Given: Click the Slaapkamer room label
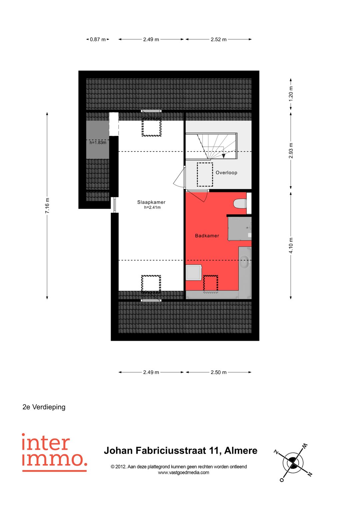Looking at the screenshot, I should coord(151,202).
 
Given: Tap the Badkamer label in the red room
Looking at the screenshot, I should coord(207,236).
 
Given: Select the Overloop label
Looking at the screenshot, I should coord(226,173).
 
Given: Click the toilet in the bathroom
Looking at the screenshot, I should coord(240,203).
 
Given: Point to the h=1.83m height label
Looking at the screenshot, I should coord(98,143).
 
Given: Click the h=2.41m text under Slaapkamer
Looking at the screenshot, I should coord(152,208).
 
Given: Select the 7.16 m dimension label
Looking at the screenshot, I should coord(47,206).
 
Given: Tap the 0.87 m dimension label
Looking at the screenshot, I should coord(98,39).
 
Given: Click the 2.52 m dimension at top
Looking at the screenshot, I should coord(218,39).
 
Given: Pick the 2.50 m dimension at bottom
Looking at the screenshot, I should coord(218,372).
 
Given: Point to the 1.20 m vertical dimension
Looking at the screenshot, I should coord(291,94).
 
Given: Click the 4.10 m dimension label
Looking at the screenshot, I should coord(291,245).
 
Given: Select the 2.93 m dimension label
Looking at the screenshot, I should coord(291,151).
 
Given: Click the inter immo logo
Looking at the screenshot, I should coord(54,452).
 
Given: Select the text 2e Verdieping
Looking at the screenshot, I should coord(44,407).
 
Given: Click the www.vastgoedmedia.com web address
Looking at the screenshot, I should coord(183,472).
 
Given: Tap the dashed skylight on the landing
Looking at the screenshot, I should coord(205,174).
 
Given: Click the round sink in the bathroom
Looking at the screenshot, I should coord(244,261).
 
